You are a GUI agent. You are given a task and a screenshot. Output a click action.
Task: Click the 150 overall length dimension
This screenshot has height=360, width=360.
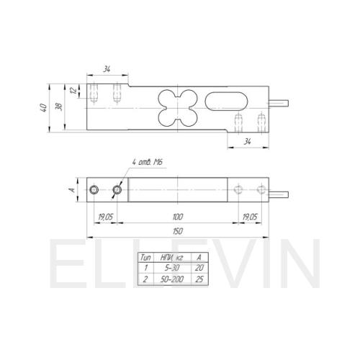point(178,231)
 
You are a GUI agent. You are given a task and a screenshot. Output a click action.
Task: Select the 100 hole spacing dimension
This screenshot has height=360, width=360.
point(178,217)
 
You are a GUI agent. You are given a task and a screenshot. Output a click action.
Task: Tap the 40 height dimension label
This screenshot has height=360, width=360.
point(43,107)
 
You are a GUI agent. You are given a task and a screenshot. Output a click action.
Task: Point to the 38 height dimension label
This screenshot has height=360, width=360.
point(59,107)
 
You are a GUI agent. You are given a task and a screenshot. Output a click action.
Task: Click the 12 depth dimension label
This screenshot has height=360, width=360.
point(74,90)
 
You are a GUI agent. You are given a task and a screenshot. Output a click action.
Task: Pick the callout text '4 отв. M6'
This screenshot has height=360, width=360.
point(147,162)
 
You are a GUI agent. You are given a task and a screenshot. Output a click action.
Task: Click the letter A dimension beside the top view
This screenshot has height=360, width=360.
point(72,190)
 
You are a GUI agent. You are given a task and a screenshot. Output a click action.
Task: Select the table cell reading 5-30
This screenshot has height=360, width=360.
point(172,268)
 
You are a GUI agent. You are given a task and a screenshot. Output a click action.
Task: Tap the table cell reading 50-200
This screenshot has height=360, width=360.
point(172,279)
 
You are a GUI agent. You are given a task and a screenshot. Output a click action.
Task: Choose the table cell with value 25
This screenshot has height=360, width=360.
point(199,279)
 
